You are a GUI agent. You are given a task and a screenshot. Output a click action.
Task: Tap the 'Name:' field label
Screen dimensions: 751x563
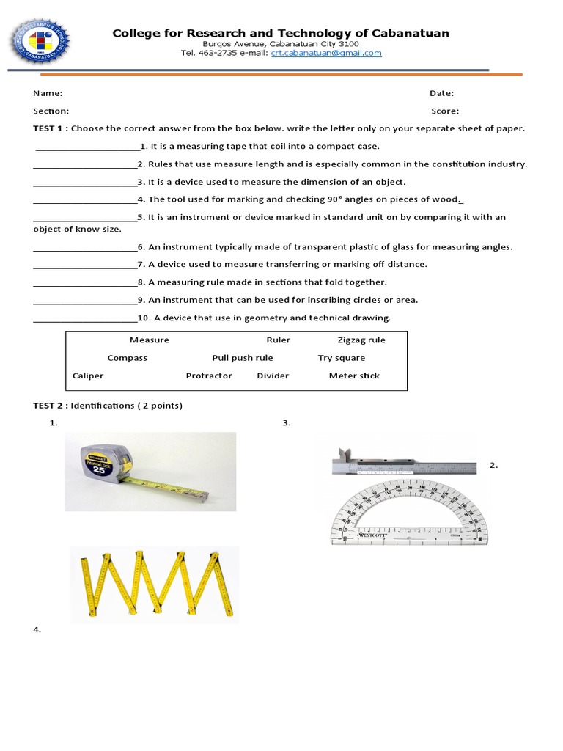48,93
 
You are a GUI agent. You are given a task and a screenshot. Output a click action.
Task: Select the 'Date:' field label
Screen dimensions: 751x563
441,93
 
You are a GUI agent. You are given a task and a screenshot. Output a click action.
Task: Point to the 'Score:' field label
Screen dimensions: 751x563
444,111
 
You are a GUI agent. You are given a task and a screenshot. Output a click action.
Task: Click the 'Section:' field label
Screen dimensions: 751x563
51,111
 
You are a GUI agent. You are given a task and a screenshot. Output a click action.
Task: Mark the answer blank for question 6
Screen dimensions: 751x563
84,247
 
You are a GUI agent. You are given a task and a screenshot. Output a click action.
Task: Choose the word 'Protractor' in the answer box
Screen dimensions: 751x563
209,375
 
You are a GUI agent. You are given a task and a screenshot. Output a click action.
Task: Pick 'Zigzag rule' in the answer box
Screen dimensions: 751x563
361,340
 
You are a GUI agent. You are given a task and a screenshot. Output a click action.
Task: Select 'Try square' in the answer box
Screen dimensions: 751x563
341,358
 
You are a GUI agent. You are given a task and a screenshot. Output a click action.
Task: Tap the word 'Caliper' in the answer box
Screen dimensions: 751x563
88,375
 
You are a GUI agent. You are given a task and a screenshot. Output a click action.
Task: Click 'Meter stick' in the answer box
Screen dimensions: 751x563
354,375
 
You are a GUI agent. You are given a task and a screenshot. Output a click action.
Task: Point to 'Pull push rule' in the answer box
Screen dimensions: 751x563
243,358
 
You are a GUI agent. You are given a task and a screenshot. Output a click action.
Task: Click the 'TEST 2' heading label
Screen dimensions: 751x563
49,406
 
